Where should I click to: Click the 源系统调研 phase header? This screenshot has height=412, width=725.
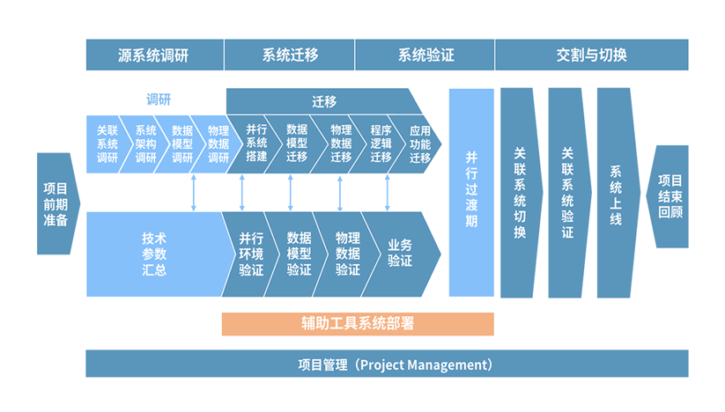point(154,55)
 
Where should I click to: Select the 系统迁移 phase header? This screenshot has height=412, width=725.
point(290,55)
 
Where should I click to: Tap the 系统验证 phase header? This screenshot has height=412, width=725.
point(425,55)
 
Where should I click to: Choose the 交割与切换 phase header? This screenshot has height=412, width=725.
point(591,55)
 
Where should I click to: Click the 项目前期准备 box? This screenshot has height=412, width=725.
point(56,203)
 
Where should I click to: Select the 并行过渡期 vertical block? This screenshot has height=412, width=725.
point(471,192)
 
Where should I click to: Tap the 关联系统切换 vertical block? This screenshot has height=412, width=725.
point(520,192)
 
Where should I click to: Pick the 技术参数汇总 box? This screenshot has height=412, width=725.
point(152,254)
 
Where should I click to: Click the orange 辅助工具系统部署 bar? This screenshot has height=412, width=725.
point(357,324)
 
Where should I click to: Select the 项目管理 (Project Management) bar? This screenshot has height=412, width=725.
point(387,364)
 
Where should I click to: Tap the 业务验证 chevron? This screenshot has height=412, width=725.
point(399,254)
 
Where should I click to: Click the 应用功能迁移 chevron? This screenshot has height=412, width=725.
point(420,143)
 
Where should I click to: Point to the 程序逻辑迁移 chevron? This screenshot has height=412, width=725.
point(381,143)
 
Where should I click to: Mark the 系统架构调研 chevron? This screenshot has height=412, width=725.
point(145,143)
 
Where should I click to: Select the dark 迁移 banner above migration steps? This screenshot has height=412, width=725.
point(323,101)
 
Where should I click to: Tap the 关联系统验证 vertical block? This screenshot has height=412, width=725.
point(567,192)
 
